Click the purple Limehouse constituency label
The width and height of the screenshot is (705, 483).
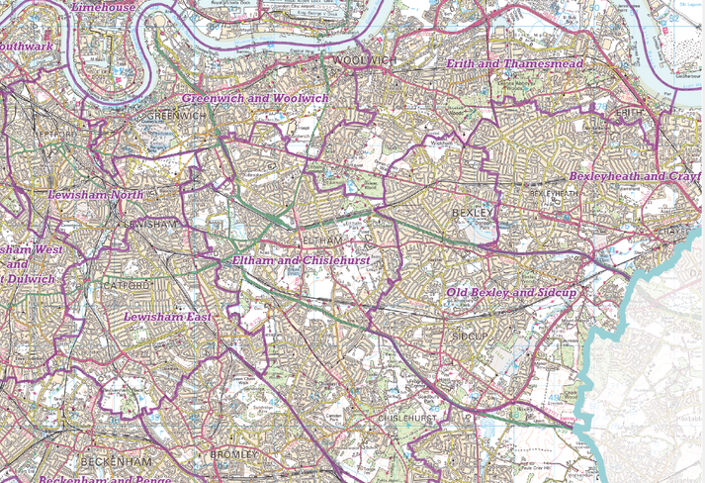click(x=105, y=7)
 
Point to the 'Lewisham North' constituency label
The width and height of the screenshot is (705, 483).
click(x=96, y=195)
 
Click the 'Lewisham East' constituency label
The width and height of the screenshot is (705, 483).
click(x=167, y=317)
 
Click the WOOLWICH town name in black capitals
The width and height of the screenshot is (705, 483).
click(x=364, y=61)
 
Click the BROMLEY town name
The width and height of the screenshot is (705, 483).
click(x=234, y=454)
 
